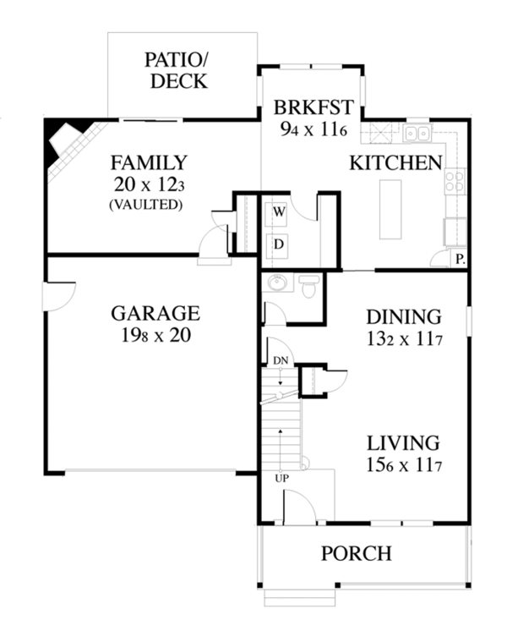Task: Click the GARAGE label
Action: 155,314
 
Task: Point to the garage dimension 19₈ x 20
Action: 155,335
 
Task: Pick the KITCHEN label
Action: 396,162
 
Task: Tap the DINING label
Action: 403,317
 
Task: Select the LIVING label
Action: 403,442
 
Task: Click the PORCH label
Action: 356,554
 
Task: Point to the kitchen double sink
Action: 417,133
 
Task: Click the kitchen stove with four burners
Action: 455,180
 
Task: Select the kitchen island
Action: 391,210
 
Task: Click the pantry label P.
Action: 460,260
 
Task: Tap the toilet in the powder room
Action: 310,288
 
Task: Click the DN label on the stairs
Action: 281,361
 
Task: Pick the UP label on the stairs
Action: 281,479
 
